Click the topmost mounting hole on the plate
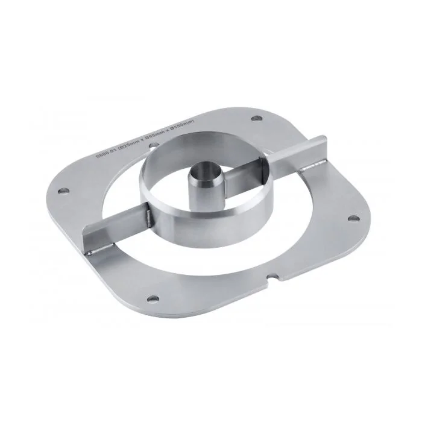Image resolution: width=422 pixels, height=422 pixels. (257, 119)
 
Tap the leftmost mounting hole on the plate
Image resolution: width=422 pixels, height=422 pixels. (61, 192)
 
